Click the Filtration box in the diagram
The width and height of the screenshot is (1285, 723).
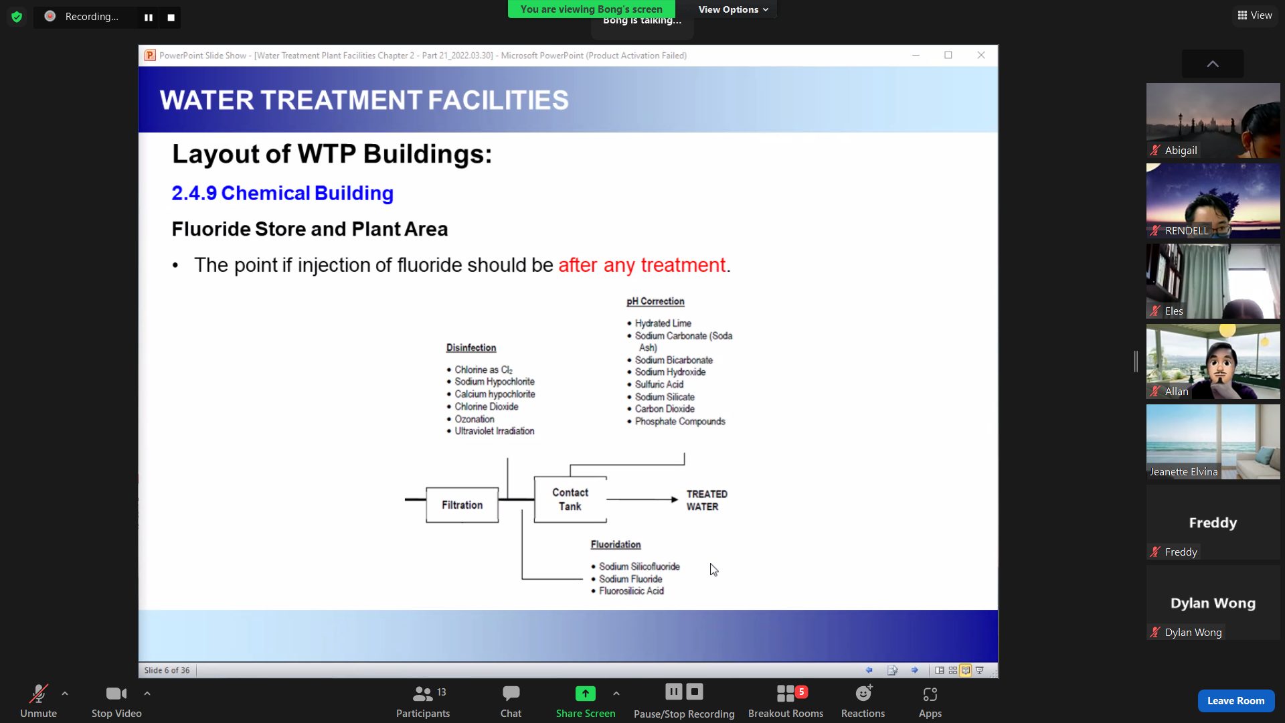(462, 505)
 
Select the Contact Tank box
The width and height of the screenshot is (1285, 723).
(570, 499)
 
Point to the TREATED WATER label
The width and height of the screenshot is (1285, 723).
(707, 500)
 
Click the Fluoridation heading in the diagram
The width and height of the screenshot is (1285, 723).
(616, 544)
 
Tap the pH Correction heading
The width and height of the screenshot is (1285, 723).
(655, 301)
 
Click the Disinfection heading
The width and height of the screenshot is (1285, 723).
(471, 347)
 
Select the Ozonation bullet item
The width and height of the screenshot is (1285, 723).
(475, 419)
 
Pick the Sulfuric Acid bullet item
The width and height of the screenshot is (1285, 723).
(659, 384)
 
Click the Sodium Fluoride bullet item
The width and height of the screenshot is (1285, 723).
(630, 579)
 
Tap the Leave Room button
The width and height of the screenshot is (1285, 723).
(1235, 700)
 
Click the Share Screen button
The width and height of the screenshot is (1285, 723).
(586, 701)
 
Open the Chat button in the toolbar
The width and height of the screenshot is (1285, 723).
(511, 701)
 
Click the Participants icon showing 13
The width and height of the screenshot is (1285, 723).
(423, 701)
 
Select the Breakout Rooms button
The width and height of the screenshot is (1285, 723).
(786, 701)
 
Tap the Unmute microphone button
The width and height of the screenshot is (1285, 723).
(38, 701)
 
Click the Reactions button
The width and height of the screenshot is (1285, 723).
(863, 701)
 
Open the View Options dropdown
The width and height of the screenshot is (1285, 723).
(733, 9)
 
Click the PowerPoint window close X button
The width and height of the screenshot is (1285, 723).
(981, 55)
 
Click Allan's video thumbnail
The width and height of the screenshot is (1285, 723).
(1213, 361)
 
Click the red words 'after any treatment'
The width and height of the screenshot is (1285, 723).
(642, 265)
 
